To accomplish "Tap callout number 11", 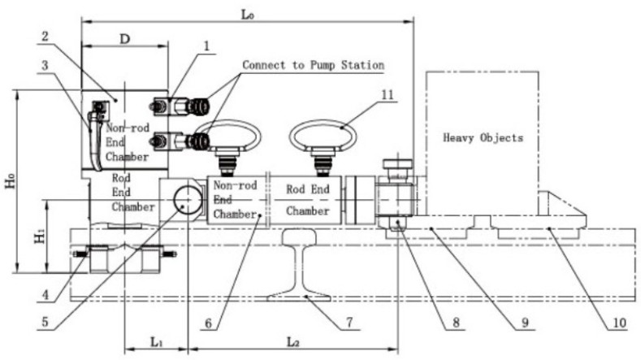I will (x=388, y=95).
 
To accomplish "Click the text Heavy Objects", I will (x=483, y=138).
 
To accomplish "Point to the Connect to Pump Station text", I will (x=313, y=65).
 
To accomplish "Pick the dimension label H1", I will (x=37, y=237).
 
